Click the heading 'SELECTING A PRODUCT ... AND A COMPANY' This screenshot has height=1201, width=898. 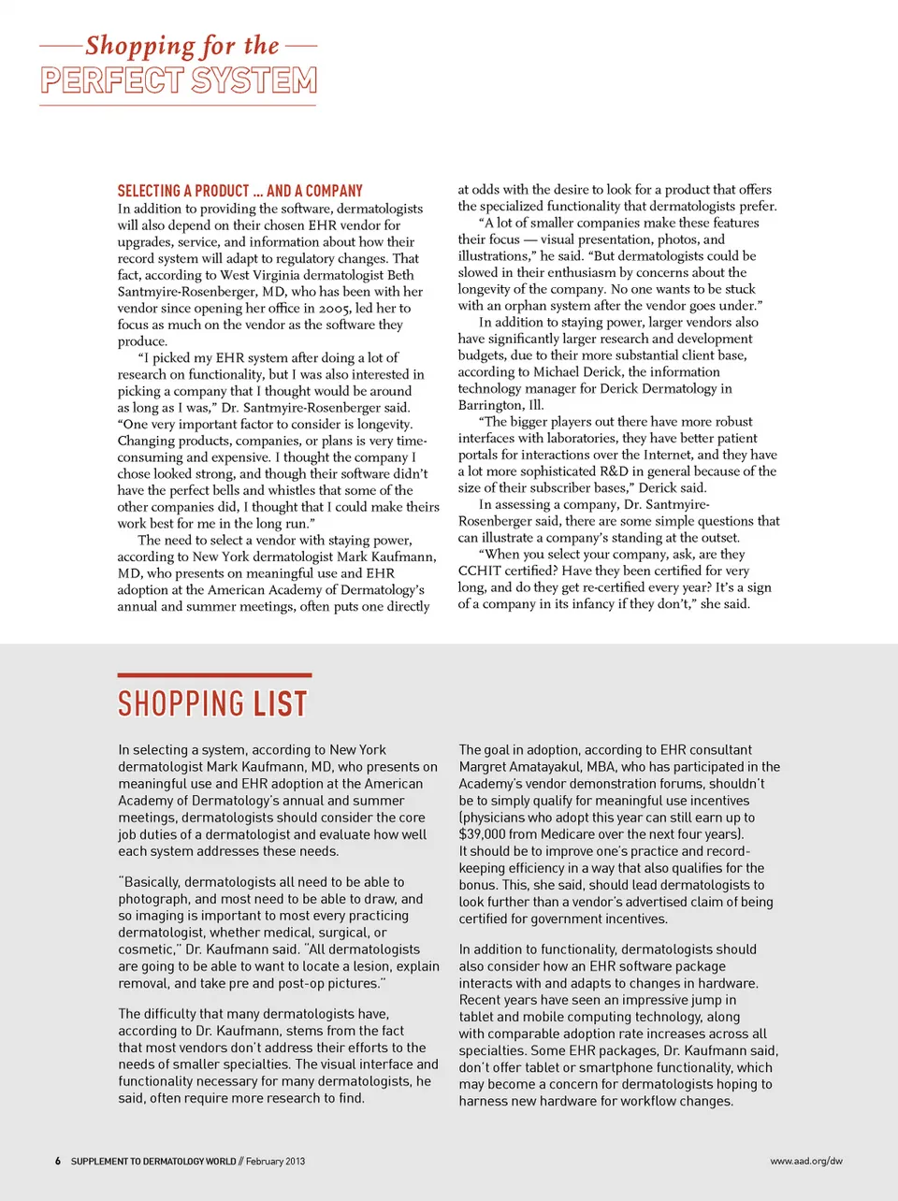(x=239, y=191)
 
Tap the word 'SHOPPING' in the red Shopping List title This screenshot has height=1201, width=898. (x=181, y=703)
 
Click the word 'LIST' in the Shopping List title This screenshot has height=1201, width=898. (x=281, y=703)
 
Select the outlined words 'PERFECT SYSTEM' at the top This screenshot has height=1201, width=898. (x=179, y=80)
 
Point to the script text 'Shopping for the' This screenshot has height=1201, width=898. (x=181, y=46)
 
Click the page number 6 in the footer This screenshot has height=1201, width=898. (x=58, y=1161)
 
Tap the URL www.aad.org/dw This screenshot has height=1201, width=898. (x=805, y=1161)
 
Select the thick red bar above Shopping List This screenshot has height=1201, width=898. (x=214, y=674)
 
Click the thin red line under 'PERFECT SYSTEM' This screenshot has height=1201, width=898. (x=178, y=105)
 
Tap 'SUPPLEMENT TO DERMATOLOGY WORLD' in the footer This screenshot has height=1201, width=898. (x=153, y=1161)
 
